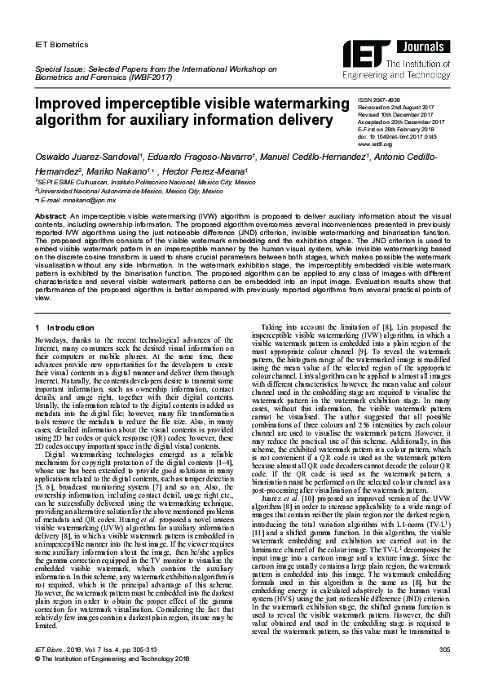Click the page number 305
click(x=444, y=671)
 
